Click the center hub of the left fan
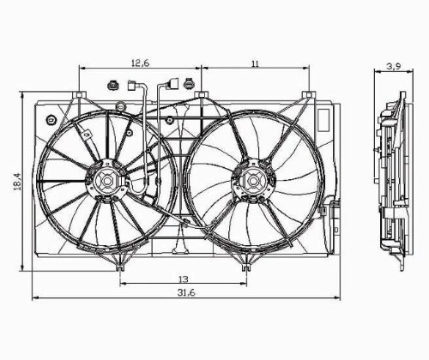coord(106,181)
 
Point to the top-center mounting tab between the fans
coord(201,94)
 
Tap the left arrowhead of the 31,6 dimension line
coord(35,297)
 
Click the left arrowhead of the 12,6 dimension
coord(81,68)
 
